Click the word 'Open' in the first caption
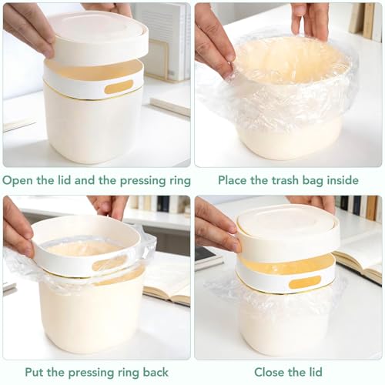pos(18,180)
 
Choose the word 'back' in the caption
pos(156,372)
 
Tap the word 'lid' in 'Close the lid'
pos(315,372)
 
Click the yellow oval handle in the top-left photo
pos(119,87)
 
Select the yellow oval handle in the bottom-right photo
pos(305,282)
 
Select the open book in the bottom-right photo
pos(360,267)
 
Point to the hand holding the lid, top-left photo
pos(28,28)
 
